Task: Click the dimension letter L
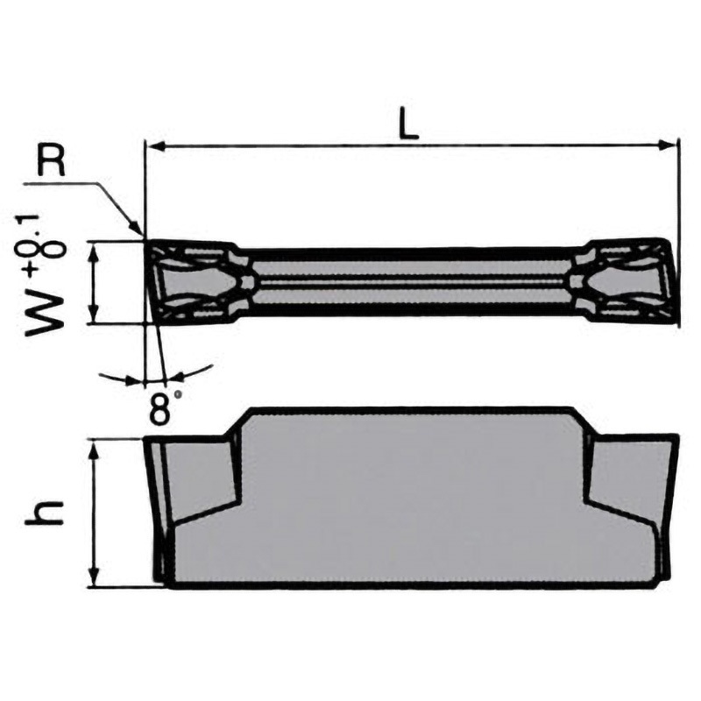coord(408,122)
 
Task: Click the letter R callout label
coord(51,162)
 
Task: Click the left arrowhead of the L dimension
coord(156,145)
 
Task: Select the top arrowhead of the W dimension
coord(94,251)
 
